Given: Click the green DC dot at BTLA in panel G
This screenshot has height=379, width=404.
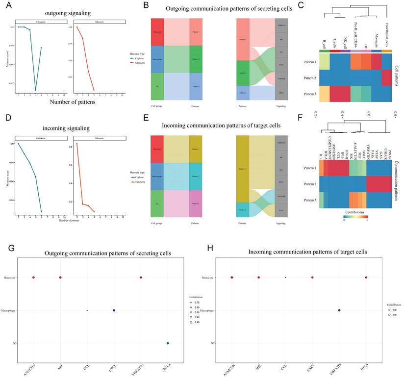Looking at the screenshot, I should pos(168,343).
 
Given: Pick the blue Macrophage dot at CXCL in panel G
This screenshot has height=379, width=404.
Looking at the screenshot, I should pos(114,310).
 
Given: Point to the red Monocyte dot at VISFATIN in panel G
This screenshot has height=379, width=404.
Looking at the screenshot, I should pos(141,278).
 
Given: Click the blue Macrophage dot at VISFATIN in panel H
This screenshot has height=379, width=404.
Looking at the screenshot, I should pos(339,310).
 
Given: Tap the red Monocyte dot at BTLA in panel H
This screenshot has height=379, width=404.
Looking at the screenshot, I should pos(366,278).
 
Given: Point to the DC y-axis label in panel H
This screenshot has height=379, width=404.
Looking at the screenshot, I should pos(212,343).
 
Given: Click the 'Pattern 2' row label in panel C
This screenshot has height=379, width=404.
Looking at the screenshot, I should pos(308,77).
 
